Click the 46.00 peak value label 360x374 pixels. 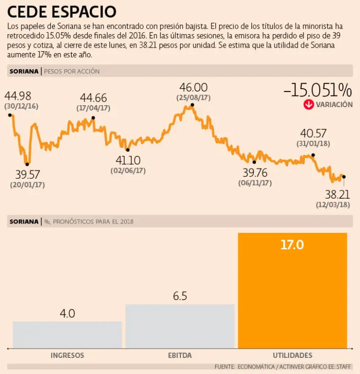click(193, 88)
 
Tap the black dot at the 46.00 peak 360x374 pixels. click(193, 104)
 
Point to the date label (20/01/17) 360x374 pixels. click(27, 185)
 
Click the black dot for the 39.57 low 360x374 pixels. click(27, 164)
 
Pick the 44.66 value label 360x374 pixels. click(93, 98)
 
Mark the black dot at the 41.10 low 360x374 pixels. click(128, 150)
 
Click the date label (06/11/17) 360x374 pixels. click(255, 183)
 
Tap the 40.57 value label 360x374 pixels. click(313, 133)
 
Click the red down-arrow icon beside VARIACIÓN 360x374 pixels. click(308, 105)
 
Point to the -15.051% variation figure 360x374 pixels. click(317, 90)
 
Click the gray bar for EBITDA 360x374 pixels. click(180, 326)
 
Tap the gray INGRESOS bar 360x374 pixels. click(67, 335)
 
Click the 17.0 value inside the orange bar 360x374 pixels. click(292, 245)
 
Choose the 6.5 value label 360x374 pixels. click(180, 296)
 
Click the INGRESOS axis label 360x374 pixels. click(67, 355)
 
